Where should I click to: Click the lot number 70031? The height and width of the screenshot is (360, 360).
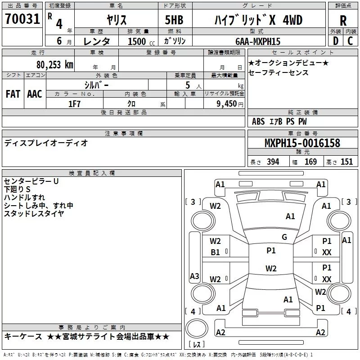(22, 19)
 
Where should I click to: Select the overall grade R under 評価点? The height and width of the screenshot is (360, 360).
(343, 21)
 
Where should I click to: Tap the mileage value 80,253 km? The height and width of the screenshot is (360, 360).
(55, 65)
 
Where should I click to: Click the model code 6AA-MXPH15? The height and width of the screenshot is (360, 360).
(258, 41)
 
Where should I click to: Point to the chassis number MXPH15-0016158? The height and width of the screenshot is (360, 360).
(302, 143)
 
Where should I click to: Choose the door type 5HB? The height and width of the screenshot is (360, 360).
(174, 20)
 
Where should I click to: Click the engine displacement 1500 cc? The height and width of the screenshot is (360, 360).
(141, 41)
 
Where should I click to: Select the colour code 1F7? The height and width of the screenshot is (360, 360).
(74, 104)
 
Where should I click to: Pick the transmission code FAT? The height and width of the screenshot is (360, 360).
(13, 94)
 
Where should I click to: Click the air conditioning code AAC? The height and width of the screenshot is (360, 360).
(35, 94)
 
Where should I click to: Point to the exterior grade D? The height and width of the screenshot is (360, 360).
(336, 41)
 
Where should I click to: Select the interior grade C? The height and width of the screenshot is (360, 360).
(351, 41)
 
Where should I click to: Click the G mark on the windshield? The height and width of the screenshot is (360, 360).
(284, 237)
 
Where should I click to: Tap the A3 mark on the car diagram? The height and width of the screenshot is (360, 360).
(194, 276)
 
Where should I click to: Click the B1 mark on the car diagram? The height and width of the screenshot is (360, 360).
(215, 252)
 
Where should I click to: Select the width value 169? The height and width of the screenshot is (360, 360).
(310, 162)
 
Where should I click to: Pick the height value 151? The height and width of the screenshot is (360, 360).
(346, 162)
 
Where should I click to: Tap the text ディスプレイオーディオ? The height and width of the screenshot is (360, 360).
(46, 143)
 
